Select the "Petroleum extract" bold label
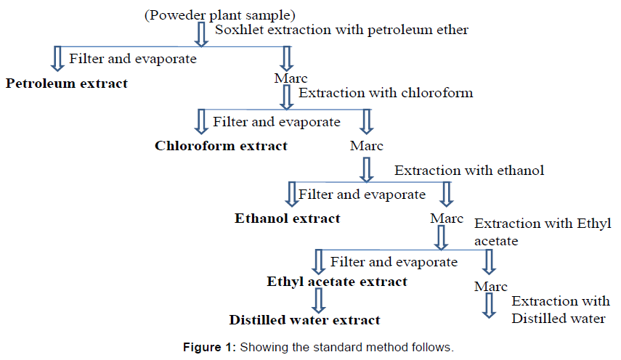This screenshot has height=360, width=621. [67, 83]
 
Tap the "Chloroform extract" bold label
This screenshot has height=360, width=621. [221, 146]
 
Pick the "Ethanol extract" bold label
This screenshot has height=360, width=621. [287, 218]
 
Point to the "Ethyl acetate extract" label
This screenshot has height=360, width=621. [337, 282]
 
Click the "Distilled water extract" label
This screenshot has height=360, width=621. [304, 319]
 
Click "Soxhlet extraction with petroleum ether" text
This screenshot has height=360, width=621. [341, 30]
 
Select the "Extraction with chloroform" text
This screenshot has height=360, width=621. [386, 93]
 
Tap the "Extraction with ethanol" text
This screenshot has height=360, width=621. [468, 171]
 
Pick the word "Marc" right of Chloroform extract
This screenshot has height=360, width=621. [366, 146]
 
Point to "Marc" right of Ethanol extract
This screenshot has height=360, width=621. [446, 218]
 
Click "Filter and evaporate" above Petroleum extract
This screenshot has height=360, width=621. [132, 59]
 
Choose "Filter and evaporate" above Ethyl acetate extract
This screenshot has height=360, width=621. [394, 261]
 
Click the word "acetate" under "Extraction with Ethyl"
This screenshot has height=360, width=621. [496, 240]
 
